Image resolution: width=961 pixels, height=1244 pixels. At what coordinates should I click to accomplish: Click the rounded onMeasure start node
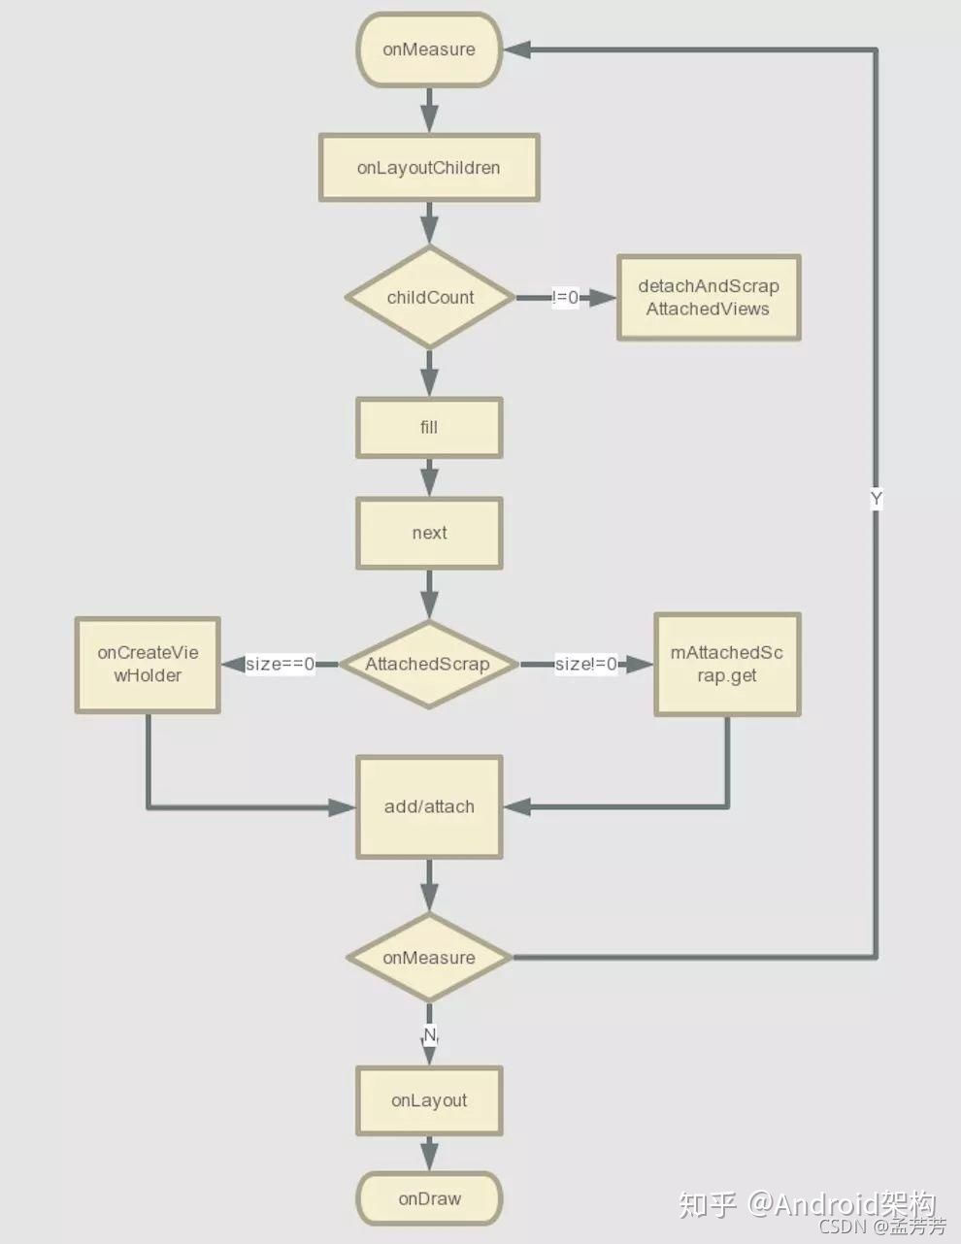click(x=429, y=49)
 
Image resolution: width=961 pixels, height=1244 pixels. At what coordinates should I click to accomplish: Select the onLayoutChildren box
click(x=429, y=168)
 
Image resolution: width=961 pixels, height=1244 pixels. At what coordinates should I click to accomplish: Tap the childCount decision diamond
click(x=430, y=297)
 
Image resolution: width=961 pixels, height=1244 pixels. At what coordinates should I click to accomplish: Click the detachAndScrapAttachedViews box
click(x=709, y=298)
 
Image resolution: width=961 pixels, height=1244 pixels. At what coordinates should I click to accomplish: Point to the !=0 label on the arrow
click(x=565, y=298)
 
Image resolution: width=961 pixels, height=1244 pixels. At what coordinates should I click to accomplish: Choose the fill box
click(x=429, y=427)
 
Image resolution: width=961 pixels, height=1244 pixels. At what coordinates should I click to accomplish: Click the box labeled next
click(x=429, y=533)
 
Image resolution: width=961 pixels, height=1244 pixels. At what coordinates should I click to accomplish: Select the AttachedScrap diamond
click(x=428, y=664)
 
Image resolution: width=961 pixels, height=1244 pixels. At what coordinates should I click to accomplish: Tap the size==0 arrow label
click(x=280, y=665)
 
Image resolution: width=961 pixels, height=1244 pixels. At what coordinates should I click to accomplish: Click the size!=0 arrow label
click(x=585, y=665)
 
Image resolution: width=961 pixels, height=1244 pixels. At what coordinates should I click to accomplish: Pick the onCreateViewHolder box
click(x=148, y=665)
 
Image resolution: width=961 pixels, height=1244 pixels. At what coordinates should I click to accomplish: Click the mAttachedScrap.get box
click(x=727, y=665)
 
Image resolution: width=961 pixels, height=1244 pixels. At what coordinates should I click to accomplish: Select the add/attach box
click(x=429, y=806)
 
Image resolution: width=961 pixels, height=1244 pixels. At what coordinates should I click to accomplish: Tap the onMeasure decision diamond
click(x=429, y=958)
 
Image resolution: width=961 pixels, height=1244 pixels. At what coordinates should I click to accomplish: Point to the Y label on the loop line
click(x=876, y=499)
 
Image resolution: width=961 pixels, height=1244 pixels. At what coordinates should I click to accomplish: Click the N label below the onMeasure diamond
click(x=430, y=1035)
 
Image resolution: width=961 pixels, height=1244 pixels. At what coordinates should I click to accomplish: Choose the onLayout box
click(x=429, y=1100)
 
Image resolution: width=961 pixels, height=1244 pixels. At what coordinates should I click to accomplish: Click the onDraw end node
click(x=429, y=1198)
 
